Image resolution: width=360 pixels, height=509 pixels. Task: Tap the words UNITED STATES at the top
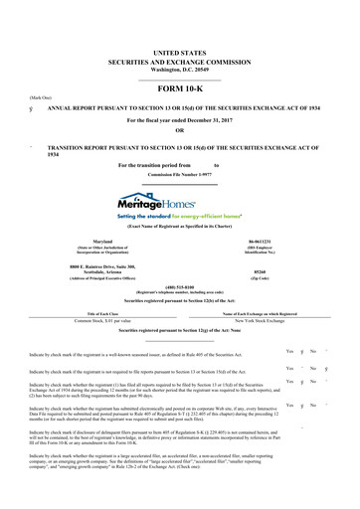179,22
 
